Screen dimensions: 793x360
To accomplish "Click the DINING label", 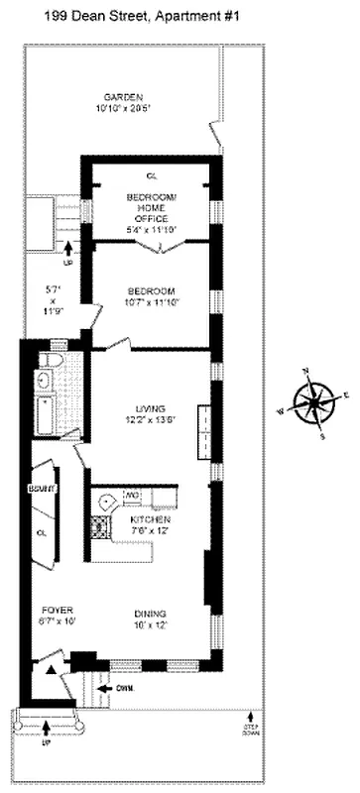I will coord(151,613).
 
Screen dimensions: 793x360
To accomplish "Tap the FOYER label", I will coord(52,609).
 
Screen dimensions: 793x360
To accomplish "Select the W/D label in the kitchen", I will coord(132,495).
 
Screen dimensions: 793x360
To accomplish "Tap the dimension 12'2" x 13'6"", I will coord(151,419).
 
